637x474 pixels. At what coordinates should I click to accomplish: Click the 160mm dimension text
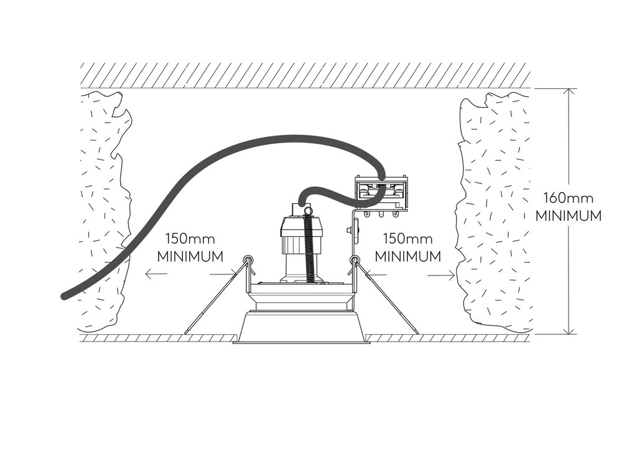click(568, 199)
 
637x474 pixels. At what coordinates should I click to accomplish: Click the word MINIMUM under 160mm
click(568, 216)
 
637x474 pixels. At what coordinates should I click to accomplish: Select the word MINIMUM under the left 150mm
click(190, 256)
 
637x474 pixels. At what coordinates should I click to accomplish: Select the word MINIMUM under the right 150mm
click(408, 256)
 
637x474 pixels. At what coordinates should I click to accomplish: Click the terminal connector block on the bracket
click(380, 193)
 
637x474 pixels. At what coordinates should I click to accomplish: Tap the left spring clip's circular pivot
click(248, 259)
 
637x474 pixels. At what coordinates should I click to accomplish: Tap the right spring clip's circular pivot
click(355, 259)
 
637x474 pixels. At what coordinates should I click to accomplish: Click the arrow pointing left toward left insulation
click(148, 273)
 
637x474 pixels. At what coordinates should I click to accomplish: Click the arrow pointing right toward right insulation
click(452, 274)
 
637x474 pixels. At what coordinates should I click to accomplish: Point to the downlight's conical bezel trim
click(301, 327)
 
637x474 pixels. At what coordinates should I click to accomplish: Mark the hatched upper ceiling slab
click(305, 75)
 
